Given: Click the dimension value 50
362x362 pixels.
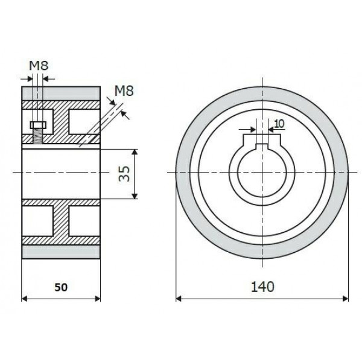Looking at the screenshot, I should [x=62, y=288].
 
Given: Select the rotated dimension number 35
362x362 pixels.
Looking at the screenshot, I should [x=124, y=173].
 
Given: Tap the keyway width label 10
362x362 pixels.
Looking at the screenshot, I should [x=279, y=124].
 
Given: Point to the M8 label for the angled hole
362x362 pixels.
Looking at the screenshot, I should [x=124, y=91].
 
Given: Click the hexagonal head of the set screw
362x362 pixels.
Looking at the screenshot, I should [x=37, y=125].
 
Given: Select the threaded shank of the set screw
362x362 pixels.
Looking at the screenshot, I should [x=37, y=137].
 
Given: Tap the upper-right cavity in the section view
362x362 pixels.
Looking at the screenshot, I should [x=83, y=122].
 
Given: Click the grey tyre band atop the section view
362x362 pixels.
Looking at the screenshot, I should [x=61, y=94].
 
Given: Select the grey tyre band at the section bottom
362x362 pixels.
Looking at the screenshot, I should [x=61, y=251].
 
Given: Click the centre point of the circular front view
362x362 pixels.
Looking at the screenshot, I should [x=262, y=173].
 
